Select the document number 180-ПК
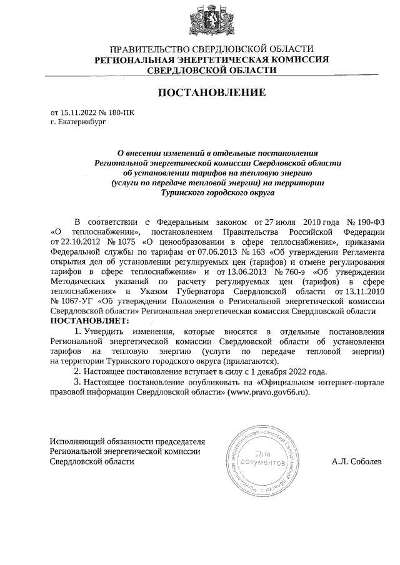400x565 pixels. click(x=121, y=113)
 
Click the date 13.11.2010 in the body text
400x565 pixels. click(x=362, y=292)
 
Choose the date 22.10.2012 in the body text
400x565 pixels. click(x=76, y=242)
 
